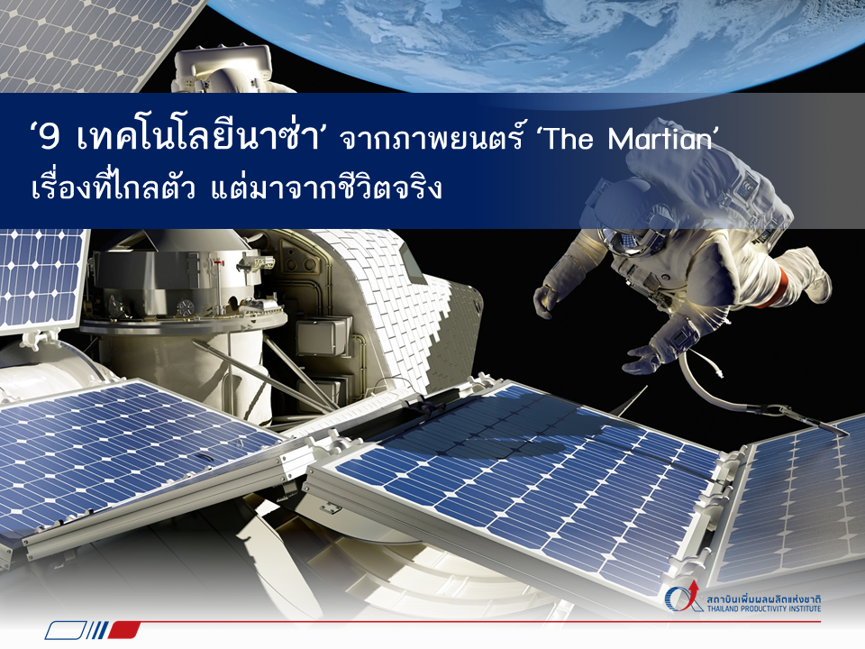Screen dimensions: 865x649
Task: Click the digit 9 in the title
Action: click(x=49, y=137)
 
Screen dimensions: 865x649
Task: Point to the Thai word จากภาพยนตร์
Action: click(x=431, y=138)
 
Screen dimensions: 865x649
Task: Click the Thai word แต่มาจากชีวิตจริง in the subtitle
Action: click(x=326, y=187)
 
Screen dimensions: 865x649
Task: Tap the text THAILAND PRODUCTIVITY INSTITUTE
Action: click(x=764, y=608)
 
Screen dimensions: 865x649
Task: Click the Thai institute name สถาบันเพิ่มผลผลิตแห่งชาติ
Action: click(x=764, y=599)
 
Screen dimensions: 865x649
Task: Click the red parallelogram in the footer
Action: click(x=123, y=630)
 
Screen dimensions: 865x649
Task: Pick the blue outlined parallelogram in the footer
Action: click(x=66, y=630)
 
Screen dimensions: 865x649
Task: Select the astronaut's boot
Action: click(x=811, y=273)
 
